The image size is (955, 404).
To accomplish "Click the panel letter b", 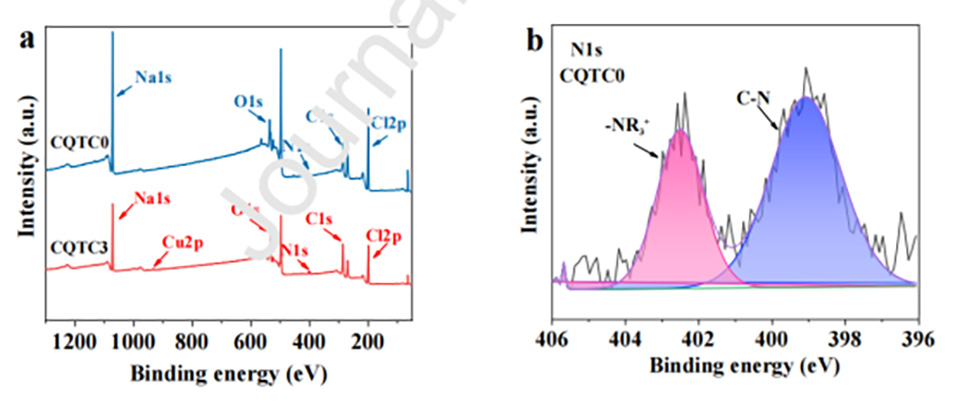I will (536, 42).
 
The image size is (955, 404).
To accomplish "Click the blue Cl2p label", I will (388, 122).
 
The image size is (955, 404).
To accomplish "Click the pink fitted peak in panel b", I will (680, 215).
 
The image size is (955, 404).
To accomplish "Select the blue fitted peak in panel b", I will (805, 200).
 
